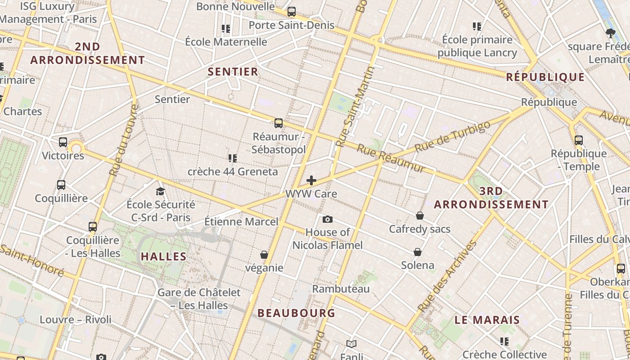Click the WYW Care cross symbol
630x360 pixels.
(311, 181)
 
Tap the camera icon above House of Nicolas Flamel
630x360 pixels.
(328, 220)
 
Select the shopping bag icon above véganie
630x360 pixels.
(264, 255)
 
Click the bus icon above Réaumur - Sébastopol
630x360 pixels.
(279, 123)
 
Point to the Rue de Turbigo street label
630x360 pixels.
(452, 136)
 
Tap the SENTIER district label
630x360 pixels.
(233, 72)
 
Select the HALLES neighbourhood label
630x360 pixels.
(164, 257)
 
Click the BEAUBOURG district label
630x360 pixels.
(296, 313)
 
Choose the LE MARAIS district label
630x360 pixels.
(487, 320)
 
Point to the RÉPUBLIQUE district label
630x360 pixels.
(545, 77)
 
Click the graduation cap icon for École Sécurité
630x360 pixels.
(160, 192)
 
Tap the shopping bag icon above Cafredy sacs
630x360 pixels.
(420, 216)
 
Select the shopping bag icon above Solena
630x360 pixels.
(418, 252)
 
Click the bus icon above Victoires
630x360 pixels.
(63, 142)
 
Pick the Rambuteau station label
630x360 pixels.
(341, 289)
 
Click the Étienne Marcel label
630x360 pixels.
(241, 222)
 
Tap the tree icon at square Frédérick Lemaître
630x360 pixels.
(611, 32)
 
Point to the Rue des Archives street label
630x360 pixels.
(447, 277)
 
